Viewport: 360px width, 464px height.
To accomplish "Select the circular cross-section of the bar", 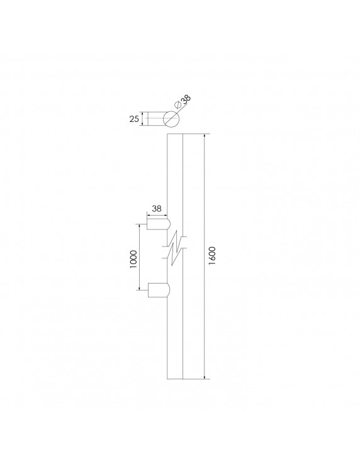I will click(x=171, y=119).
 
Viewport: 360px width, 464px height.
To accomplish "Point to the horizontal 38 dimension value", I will click(x=157, y=207).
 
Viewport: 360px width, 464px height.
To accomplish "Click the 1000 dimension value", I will click(x=132, y=258).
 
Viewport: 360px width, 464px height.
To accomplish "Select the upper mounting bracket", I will click(x=157, y=223).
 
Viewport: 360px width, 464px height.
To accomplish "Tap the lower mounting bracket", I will click(x=157, y=290).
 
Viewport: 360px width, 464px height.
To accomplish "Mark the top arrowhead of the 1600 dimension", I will click(x=205, y=137).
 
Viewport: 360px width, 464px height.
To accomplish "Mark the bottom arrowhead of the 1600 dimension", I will click(x=205, y=377).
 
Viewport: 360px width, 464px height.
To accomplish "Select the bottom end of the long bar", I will click(x=174, y=379).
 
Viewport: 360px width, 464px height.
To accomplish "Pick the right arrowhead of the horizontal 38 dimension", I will click(x=166, y=215).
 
